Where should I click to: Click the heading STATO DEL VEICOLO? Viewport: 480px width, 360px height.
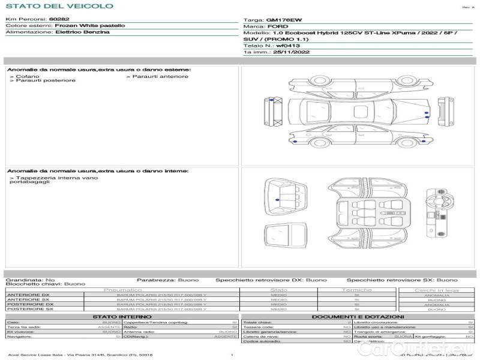pyautogui.click(x=59, y=6)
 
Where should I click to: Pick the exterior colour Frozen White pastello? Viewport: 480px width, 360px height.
pyautogui.click(x=90, y=26)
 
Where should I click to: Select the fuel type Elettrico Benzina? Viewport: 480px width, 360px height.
pyautogui.click(x=82, y=32)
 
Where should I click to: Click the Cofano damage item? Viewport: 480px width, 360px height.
pyautogui.click(x=28, y=76)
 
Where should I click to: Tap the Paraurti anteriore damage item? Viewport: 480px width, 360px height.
pyautogui.click(x=160, y=76)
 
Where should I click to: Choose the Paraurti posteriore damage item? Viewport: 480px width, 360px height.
pyautogui.click(x=46, y=80)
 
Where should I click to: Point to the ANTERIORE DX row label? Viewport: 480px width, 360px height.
pyautogui.click(x=28, y=295)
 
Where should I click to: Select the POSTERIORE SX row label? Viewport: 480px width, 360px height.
pyautogui.click(x=28, y=309)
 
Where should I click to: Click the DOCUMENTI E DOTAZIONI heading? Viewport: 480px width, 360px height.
pyautogui.click(x=358, y=316)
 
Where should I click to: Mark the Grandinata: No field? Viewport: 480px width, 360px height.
pyautogui.click(x=30, y=280)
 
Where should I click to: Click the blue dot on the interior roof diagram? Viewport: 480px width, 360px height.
pyautogui.click(x=276, y=199)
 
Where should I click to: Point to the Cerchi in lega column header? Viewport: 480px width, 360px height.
pyautogui.click(x=436, y=290)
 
